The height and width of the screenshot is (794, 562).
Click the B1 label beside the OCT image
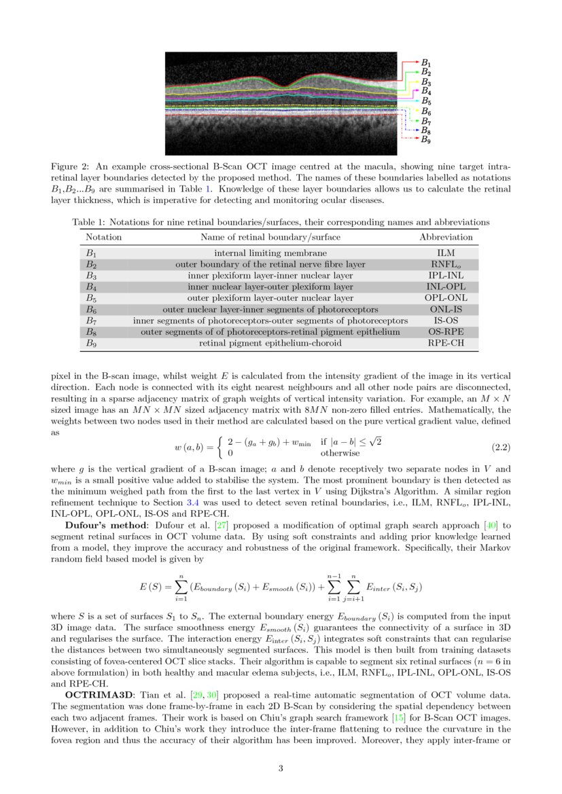(426, 62)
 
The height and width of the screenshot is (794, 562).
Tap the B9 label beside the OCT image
(426, 139)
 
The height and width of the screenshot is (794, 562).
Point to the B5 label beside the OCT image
(426, 101)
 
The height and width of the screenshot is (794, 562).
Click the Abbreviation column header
(446, 237)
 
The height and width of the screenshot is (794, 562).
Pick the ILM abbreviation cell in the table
(446, 253)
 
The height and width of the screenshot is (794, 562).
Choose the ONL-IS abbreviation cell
(446, 309)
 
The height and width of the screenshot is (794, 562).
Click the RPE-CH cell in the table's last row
(446, 344)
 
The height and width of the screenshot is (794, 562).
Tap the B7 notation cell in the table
(91, 321)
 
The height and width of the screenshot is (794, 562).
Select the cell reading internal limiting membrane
(270, 253)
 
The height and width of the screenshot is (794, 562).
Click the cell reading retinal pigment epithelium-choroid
(270, 344)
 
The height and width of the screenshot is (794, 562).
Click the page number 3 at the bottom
(281, 768)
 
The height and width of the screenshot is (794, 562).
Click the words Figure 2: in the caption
(71, 166)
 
